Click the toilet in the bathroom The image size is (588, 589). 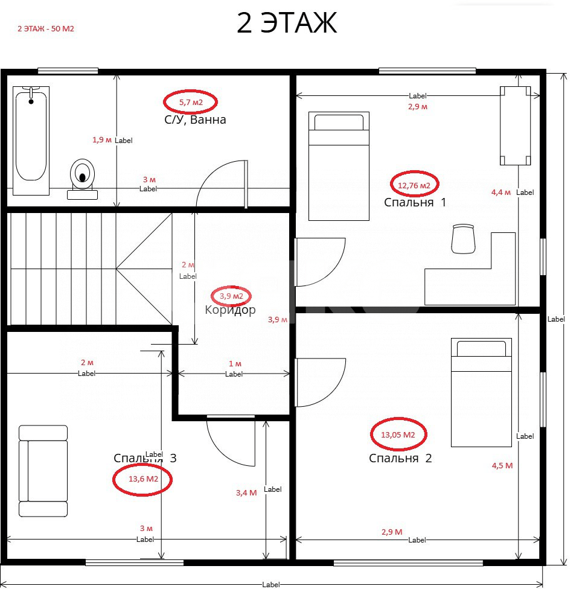[82, 179]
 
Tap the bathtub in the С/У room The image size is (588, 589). [31, 141]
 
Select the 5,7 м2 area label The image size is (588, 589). [191, 102]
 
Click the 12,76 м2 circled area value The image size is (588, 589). [414, 185]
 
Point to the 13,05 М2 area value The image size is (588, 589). [398, 435]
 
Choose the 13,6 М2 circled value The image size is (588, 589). [142, 479]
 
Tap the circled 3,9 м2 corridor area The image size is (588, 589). [231, 296]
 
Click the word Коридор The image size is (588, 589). [231, 310]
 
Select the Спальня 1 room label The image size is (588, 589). [415, 203]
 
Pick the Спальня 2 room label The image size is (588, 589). [400, 458]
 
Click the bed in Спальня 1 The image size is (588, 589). [339, 166]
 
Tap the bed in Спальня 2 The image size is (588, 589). [481, 392]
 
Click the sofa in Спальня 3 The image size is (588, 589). [43, 471]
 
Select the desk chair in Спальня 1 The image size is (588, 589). [463, 239]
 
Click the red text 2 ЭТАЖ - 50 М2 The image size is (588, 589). [46, 28]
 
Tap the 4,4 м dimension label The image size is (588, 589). [501, 193]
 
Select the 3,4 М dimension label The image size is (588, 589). [246, 493]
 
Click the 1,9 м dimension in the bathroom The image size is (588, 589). [102, 140]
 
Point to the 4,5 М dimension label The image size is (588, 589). [502, 466]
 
